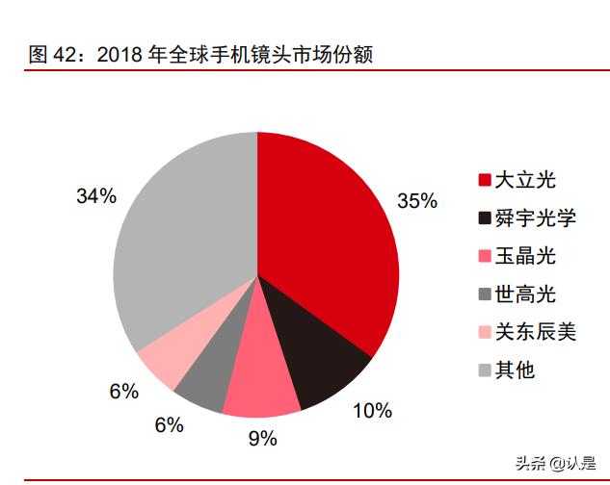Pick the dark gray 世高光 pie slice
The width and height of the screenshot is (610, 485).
[203, 380]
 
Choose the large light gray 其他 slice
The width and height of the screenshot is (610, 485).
[183, 241]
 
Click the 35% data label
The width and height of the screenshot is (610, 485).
[417, 201]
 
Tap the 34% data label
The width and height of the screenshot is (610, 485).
[96, 196]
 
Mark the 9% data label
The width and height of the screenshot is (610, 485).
[262, 440]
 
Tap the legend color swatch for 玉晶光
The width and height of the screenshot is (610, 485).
[484, 256]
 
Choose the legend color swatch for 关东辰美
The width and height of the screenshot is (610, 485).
[484, 333]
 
